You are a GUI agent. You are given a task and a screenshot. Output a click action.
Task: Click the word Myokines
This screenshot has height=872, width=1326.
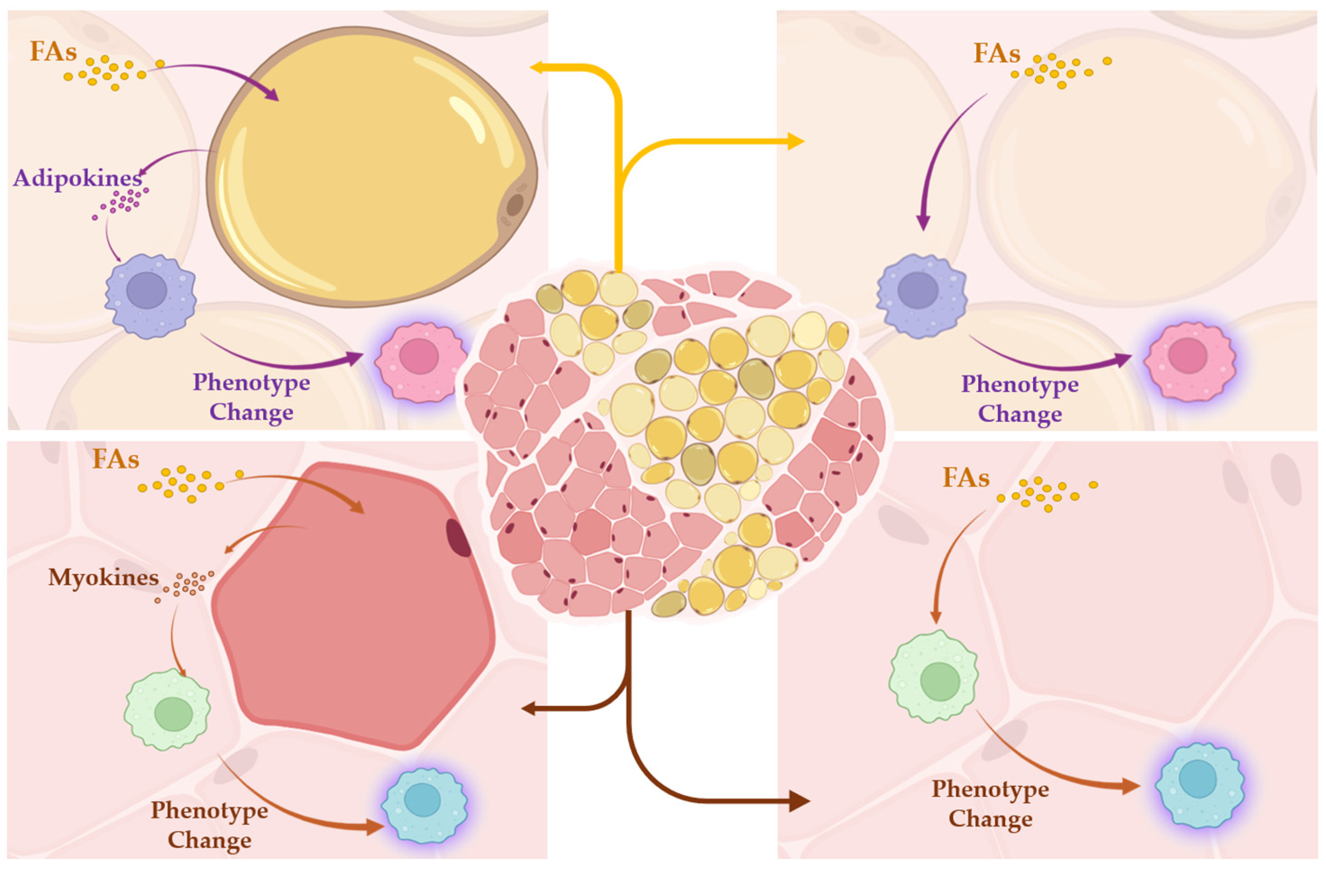point(104,578)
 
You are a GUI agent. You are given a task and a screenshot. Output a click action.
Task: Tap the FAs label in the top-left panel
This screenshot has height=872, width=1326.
point(54,52)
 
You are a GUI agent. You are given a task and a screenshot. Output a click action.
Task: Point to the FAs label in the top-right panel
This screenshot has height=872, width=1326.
point(997,54)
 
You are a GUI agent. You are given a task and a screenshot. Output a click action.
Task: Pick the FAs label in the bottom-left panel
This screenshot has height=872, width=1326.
point(115,460)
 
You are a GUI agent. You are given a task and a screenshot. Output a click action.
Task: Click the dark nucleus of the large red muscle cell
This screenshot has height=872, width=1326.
point(458,538)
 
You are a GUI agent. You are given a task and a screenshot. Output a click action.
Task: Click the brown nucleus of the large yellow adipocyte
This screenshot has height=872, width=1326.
point(515,205)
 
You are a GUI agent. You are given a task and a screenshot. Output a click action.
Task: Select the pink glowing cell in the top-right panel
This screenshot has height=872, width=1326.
point(1189,361)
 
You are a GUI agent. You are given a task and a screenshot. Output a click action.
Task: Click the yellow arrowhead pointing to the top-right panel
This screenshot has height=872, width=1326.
point(797,142)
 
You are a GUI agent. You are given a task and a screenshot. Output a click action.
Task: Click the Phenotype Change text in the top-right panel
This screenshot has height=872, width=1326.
point(1020,399)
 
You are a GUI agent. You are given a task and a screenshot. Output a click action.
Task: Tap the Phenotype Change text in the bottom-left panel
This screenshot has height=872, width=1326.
point(210,825)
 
